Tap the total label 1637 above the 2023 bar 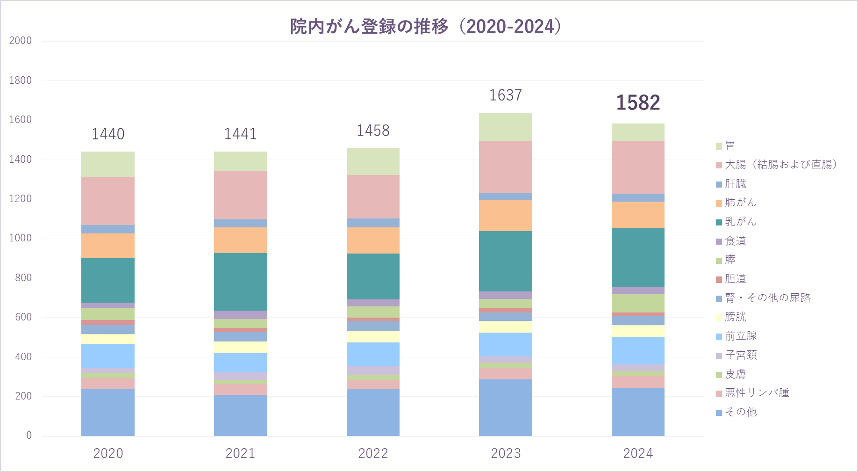[x=505, y=95]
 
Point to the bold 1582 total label [x=638, y=103]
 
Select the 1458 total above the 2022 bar [x=373, y=131]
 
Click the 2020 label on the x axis [x=108, y=453]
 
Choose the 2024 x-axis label [x=638, y=453]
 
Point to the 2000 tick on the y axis [x=21, y=41]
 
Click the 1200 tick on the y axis [x=21, y=199]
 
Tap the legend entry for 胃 [x=729, y=146]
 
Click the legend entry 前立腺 [x=740, y=336]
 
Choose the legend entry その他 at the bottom [x=740, y=412]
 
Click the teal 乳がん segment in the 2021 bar [x=240, y=282]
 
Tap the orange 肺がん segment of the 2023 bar [x=505, y=215]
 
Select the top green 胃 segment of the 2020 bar [x=108, y=164]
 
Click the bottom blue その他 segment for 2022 [x=373, y=412]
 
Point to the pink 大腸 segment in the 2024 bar [x=638, y=167]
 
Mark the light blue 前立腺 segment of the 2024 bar [x=638, y=350]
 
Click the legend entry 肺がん [x=740, y=203]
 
